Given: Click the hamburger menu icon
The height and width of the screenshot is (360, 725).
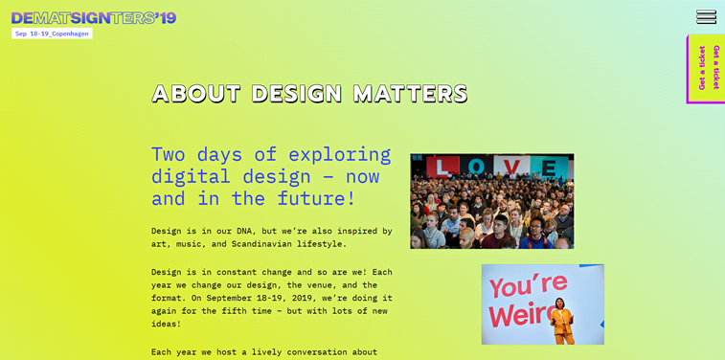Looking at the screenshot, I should click(706, 17).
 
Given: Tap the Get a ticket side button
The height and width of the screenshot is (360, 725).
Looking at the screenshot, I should click(707, 68).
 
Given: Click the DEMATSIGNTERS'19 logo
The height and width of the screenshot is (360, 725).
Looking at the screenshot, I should click(94, 17).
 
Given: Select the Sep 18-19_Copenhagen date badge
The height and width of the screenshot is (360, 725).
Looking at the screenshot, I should click(52, 34).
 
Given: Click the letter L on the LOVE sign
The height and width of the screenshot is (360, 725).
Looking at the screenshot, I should click(442, 167).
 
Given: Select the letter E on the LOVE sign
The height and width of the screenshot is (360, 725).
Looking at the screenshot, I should click(550, 168).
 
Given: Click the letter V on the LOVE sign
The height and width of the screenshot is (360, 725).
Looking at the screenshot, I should click(513, 167).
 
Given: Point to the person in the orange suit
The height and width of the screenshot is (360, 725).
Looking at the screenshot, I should click(560, 322).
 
